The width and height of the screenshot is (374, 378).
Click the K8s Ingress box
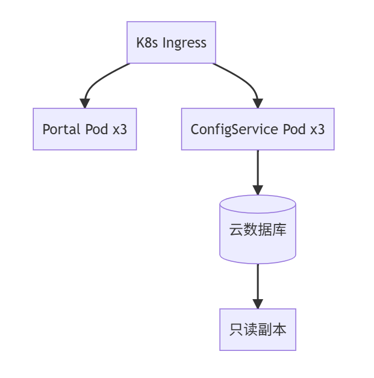171,43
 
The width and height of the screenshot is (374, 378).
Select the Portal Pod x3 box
85,129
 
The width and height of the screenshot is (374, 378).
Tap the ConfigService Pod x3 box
258,129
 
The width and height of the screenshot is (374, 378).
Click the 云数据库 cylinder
258,229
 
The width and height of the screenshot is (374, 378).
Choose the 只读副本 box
258,329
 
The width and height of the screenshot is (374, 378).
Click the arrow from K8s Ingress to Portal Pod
99,78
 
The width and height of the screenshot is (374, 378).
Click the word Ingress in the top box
184,43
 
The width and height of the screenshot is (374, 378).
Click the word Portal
60,129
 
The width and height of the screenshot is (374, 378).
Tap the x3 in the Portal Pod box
120,129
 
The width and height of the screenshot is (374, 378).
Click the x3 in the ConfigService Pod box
317,129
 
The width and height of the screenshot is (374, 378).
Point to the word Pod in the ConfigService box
294,129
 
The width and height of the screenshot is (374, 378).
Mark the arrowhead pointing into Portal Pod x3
85,103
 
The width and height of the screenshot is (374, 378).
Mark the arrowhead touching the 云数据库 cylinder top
258,190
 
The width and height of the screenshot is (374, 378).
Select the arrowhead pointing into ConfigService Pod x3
258,103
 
